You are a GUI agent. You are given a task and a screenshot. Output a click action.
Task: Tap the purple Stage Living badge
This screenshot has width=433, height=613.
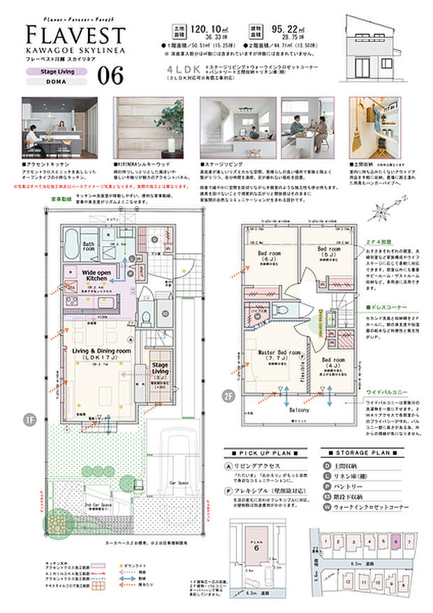[57, 71]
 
